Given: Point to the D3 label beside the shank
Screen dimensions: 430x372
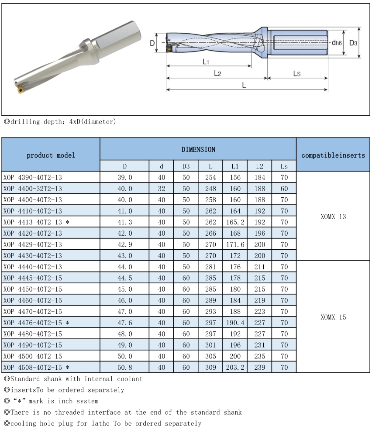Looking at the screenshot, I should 353,43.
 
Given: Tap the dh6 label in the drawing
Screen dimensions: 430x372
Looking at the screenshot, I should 336,43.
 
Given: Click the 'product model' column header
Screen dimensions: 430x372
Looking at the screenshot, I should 51,155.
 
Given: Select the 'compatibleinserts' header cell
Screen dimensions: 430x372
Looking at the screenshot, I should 333,155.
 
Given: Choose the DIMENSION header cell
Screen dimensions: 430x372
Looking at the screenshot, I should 198,149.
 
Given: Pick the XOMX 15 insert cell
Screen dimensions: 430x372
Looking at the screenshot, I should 333,317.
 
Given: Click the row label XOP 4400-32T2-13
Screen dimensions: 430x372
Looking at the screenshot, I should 32,189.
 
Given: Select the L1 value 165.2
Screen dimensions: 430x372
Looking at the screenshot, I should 236,222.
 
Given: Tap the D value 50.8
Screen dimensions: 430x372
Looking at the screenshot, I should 124,368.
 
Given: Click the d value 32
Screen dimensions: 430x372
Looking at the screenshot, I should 162,189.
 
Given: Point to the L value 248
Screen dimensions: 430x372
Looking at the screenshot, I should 210,189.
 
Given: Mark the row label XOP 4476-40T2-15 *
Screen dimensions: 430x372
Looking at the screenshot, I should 35,323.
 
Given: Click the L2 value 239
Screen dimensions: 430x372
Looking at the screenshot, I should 259,368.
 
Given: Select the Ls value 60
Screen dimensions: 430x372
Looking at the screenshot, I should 284,189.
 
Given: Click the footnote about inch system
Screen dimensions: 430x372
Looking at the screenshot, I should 51,401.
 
